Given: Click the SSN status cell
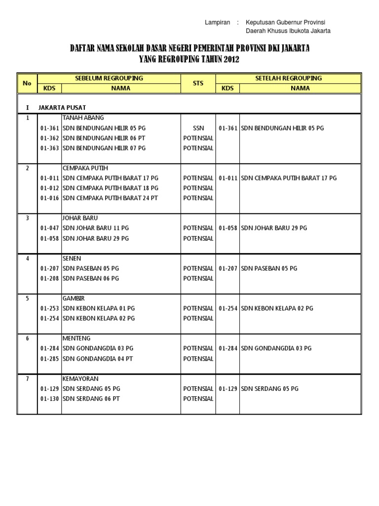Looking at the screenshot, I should click(x=198, y=128).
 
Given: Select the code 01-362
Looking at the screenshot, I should click(x=50, y=138).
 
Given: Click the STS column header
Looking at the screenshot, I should click(x=198, y=83).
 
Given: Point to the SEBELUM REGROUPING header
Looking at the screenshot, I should click(x=109, y=78).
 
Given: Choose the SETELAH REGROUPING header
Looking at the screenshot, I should click(x=288, y=78).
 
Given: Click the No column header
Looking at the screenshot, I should click(x=27, y=83).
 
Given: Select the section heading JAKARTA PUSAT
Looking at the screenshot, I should click(x=62, y=107).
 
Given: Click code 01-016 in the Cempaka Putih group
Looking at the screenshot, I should click(x=50, y=198).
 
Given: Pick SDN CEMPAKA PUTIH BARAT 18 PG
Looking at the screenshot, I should click(x=111, y=188).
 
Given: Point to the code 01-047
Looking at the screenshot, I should click(x=50, y=228).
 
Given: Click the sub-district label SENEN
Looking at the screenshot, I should click(x=72, y=258).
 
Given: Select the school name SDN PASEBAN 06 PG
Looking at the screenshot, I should click(x=91, y=278).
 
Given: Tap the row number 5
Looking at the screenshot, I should click(x=27, y=298).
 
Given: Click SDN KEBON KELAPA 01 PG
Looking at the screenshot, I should click(x=99, y=308).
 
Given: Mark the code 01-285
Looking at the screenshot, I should click(x=50, y=358).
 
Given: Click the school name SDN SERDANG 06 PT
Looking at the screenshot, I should click(x=91, y=399).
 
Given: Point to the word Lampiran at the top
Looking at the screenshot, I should click(x=217, y=23).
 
